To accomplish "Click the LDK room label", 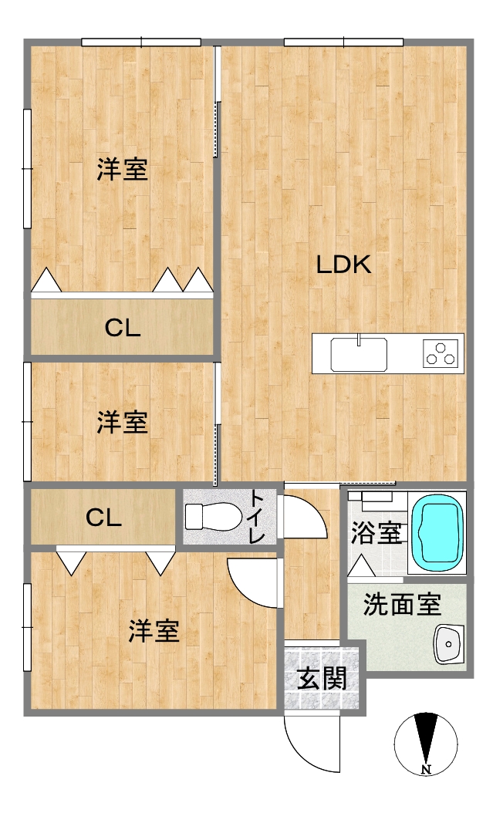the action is (343, 265).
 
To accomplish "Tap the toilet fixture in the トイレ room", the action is (213, 517).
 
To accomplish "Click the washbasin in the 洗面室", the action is (448, 645).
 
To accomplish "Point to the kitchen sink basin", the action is (359, 354).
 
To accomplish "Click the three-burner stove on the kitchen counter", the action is (441, 353).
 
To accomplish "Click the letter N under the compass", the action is (426, 770).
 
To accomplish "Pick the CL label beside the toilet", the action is (103, 517).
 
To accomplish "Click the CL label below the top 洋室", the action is (123, 328).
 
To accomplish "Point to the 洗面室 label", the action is (402, 604).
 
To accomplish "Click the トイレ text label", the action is (257, 517).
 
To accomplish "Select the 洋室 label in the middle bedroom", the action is (123, 422).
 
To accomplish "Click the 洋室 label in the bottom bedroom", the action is (154, 630).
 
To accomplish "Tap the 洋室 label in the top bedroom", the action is (123, 169).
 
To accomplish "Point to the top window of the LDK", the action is (343, 42).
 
